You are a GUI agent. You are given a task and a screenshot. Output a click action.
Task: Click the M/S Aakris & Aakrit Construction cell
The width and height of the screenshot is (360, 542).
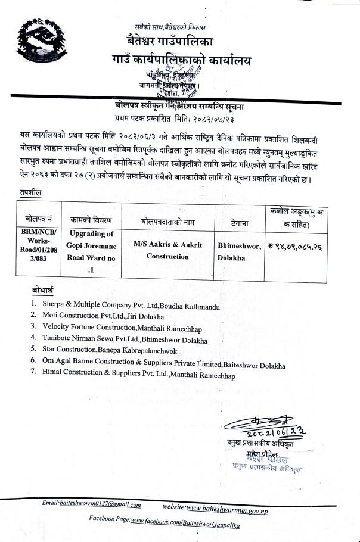coord(167,250)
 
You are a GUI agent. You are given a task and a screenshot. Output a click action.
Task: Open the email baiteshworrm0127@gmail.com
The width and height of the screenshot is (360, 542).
coord(100,504)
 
